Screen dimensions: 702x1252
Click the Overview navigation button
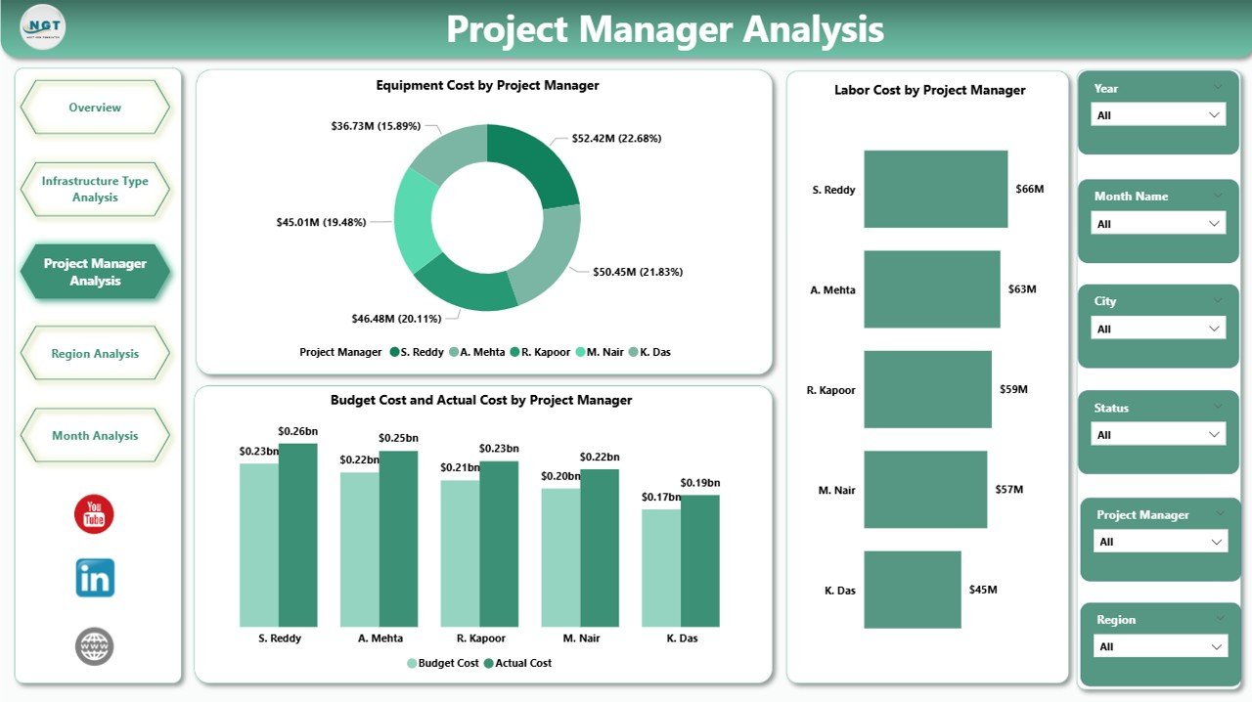point(95,108)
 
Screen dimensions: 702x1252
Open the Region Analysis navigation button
point(95,354)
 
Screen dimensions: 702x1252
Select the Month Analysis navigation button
point(95,436)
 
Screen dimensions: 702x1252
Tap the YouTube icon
point(94,514)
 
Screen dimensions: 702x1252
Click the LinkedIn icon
point(95,578)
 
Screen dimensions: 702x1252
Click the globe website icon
point(95,646)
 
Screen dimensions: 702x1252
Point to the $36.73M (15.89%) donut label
point(376,126)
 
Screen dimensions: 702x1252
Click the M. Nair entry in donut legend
point(606,352)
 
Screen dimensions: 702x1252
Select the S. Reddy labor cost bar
point(935,189)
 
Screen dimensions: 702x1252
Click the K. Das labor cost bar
point(913,590)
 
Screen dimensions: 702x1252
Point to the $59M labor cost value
point(1013,389)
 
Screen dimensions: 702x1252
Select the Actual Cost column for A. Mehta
point(398,538)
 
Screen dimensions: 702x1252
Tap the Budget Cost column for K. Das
point(661,567)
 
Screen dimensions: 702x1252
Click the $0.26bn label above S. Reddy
point(297,431)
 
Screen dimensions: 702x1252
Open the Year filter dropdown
point(1158,115)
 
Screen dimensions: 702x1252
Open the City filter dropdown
point(1158,329)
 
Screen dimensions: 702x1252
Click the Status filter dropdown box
point(1158,435)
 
